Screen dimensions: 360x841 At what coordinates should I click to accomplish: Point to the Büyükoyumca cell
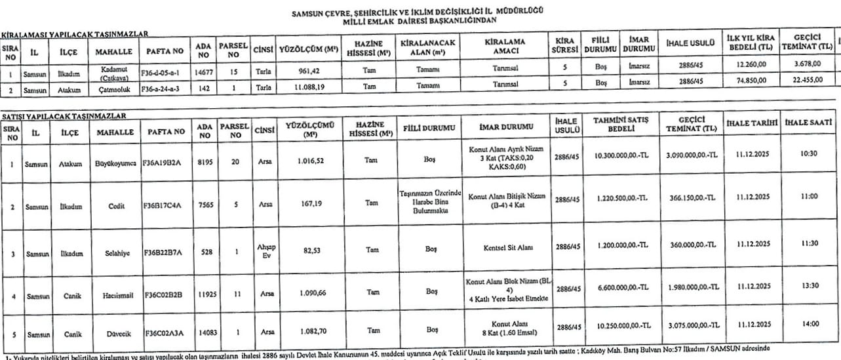115,158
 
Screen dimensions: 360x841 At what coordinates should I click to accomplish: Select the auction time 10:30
809,154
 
